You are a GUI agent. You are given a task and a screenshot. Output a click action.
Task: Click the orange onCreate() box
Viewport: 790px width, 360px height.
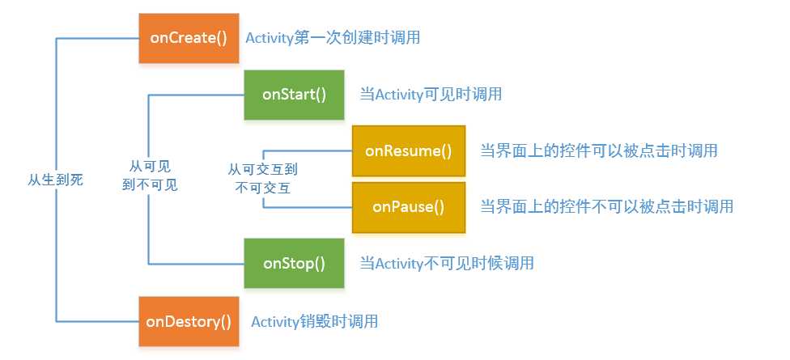point(189,39)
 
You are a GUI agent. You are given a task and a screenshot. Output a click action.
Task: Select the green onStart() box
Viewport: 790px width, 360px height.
point(295,95)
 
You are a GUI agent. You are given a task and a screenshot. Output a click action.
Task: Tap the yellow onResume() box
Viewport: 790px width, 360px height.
point(409,151)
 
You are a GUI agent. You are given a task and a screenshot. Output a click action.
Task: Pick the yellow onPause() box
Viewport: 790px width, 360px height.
point(409,207)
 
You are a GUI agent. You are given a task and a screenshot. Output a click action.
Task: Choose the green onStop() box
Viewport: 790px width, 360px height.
point(295,264)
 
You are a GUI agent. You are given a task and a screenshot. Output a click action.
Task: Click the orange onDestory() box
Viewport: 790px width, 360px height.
point(189,322)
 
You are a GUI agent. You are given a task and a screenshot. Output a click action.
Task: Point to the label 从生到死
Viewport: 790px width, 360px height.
point(55,180)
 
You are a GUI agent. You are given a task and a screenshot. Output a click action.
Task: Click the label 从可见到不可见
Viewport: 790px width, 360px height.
point(150,176)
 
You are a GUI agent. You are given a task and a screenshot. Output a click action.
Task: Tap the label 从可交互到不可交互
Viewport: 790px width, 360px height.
point(262,179)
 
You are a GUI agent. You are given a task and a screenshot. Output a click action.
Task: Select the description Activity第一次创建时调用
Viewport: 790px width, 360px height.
point(333,38)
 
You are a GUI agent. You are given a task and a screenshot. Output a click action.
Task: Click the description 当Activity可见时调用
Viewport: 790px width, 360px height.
point(431,94)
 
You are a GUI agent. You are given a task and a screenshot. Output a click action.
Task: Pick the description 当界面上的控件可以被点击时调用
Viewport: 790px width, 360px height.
point(598,150)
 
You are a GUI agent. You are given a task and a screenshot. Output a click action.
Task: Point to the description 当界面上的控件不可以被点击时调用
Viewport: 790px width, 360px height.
point(606,206)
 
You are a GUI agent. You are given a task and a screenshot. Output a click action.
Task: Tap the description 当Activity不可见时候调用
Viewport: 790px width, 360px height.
point(447,263)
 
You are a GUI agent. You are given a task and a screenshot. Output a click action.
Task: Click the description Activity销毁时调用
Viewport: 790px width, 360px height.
point(314,321)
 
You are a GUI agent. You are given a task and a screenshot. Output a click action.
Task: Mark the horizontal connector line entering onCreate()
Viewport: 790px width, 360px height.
point(97,39)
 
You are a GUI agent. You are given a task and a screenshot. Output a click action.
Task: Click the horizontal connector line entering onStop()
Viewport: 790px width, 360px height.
point(197,264)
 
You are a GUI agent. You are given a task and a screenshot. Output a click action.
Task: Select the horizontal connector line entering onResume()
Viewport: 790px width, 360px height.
point(308,150)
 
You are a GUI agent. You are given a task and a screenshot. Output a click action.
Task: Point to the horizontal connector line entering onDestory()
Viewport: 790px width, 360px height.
point(97,321)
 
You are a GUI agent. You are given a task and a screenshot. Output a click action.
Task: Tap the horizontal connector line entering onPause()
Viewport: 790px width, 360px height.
point(308,207)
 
